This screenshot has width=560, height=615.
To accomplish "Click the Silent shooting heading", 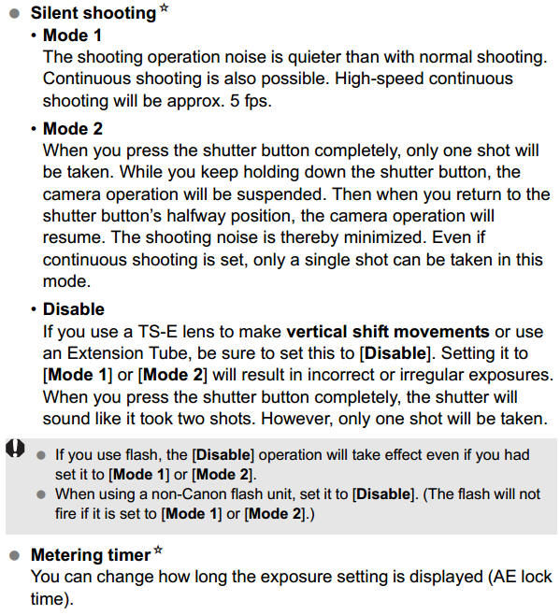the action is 93,14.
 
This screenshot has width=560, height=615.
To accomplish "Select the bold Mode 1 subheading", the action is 73,36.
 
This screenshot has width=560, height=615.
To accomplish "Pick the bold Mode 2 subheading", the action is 73,128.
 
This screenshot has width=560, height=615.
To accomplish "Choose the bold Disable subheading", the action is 74,308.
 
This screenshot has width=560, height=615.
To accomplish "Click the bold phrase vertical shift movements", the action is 388,331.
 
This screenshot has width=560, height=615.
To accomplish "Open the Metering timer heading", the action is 91,555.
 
